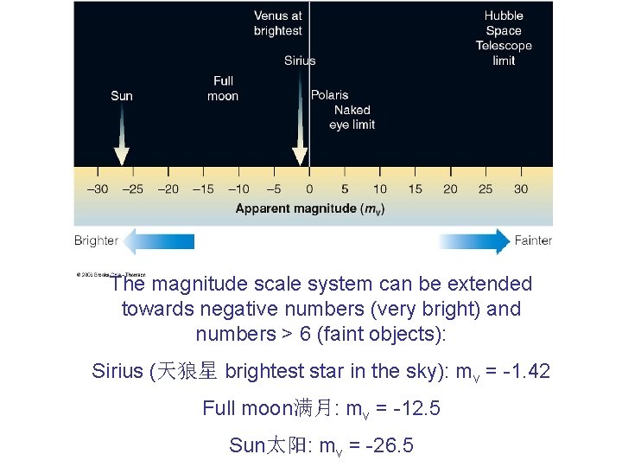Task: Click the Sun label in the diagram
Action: pos(122,96)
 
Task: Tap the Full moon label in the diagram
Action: pos(223,88)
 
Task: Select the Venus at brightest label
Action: pos(277,23)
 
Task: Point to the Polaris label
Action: pos(330,95)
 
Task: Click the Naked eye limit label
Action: pos(352,118)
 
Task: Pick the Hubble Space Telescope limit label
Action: pos(504,38)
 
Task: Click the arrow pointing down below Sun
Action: pos(122,138)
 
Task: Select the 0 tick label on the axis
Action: pos(309,189)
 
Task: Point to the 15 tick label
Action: pos(415,189)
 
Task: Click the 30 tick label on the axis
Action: pos(521,189)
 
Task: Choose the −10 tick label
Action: pos(238,189)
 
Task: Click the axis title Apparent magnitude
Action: pos(309,208)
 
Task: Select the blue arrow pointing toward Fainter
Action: pos(474,241)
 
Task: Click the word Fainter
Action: pos(533,240)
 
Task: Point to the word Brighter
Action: pos(96,240)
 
